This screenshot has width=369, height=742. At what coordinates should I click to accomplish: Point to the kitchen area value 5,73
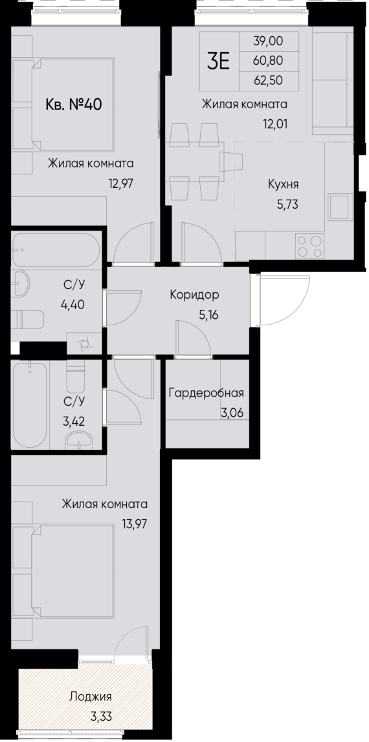[x=286, y=203]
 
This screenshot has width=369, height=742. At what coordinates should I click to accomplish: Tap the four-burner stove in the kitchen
[x=309, y=246]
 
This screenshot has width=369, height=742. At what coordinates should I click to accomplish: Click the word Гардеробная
[x=206, y=393]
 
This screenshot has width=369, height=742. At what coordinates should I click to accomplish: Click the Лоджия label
[x=90, y=697]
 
